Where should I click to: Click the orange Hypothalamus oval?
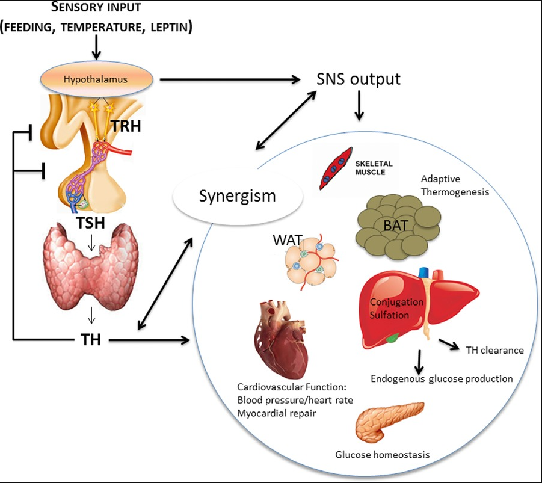click(x=96, y=79)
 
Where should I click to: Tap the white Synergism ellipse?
click(x=238, y=196)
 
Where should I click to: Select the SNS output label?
click(x=359, y=79)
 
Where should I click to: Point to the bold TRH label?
click(x=126, y=126)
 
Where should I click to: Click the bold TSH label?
click(x=91, y=223)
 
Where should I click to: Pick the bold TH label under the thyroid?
click(x=91, y=339)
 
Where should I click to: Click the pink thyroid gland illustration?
click(x=91, y=266)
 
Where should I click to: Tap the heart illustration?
click(x=281, y=339)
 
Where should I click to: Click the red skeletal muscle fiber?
click(x=335, y=169)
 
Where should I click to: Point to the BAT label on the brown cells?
click(x=396, y=226)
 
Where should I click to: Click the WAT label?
click(x=288, y=240)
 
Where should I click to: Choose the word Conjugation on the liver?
click(x=396, y=302)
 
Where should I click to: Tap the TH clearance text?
click(x=494, y=350)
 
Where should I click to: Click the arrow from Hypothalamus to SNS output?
click(x=230, y=79)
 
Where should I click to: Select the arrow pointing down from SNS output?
click(x=359, y=105)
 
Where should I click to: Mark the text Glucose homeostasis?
click(x=383, y=454)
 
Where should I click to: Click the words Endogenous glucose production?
click(x=442, y=379)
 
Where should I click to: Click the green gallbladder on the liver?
click(x=392, y=337)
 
